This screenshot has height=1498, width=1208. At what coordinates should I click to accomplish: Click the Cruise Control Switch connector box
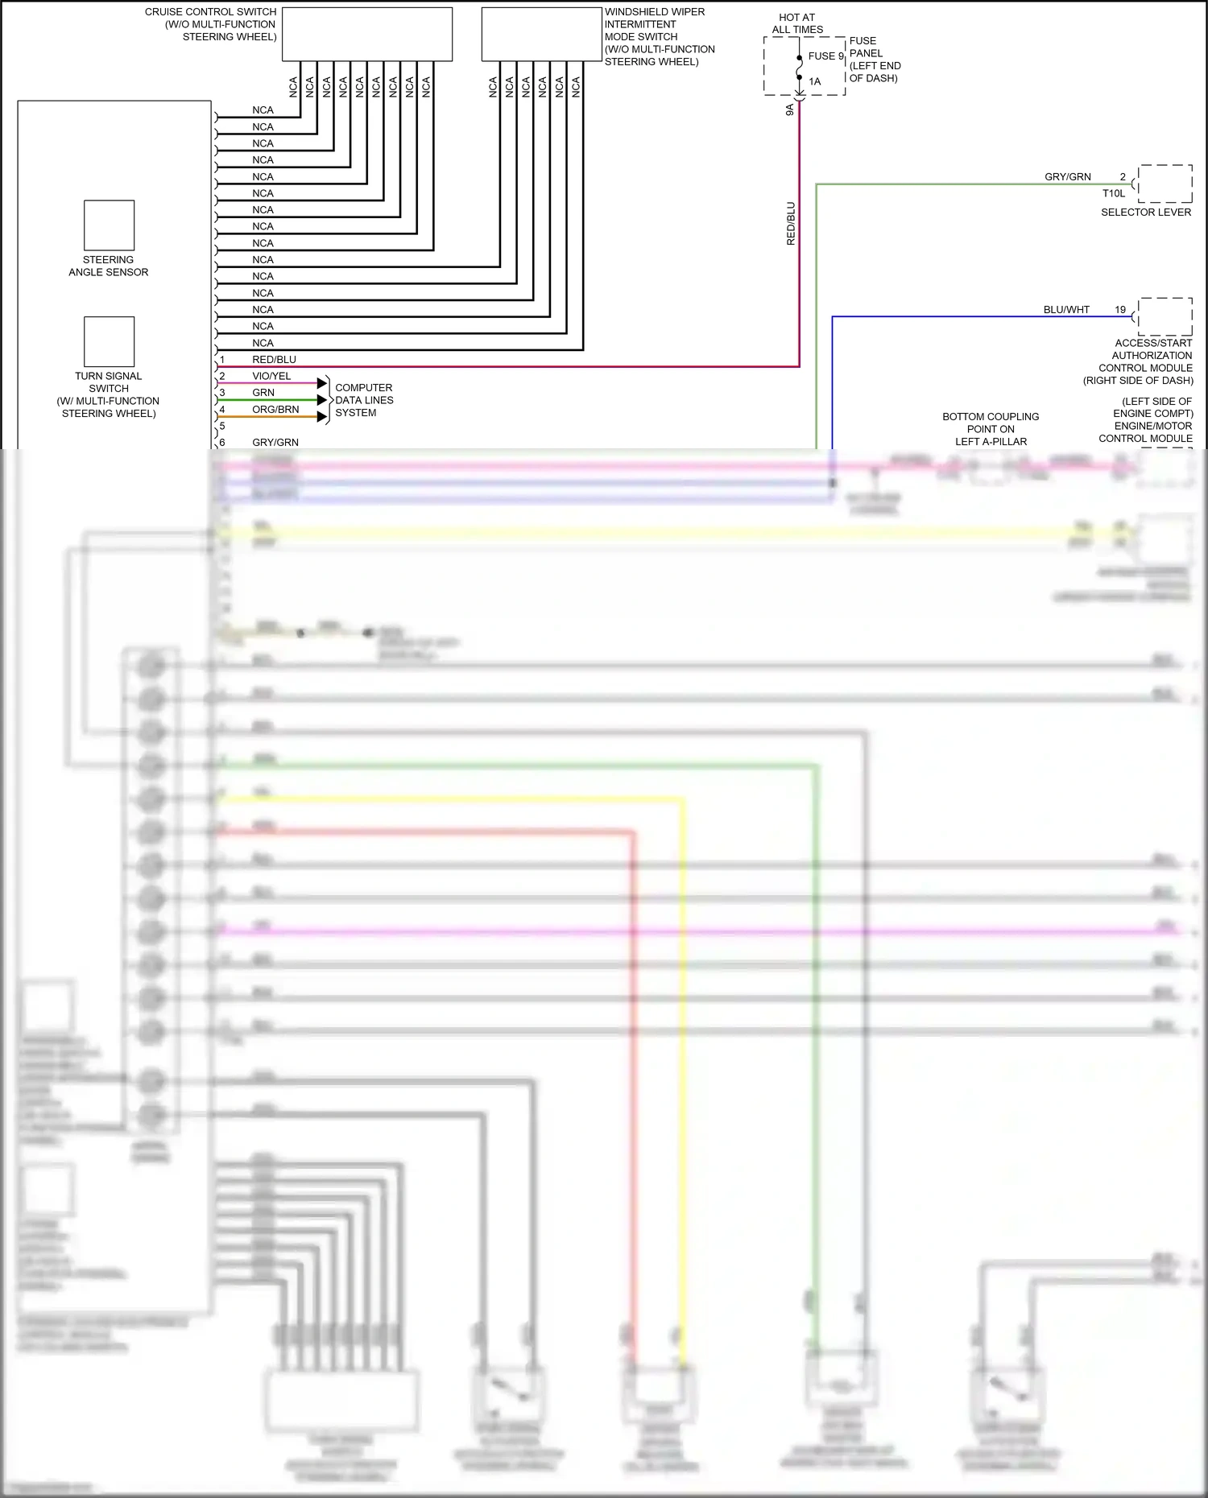[x=367, y=34]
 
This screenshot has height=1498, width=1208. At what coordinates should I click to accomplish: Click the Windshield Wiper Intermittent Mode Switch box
[x=541, y=34]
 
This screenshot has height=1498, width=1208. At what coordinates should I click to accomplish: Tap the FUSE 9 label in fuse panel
[x=825, y=56]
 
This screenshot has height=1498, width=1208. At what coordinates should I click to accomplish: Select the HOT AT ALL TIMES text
[x=797, y=23]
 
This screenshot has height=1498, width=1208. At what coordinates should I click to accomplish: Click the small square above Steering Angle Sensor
[x=109, y=225]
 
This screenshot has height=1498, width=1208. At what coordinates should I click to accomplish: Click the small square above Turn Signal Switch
[x=109, y=341]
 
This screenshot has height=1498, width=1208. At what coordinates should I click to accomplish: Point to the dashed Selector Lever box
[x=1165, y=184]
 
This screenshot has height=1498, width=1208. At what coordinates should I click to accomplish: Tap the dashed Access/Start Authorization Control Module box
[x=1165, y=316]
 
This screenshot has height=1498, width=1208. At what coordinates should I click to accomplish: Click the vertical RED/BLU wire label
[x=791, y=224]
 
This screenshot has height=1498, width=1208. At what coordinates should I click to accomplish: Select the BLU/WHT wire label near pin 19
[x=1066, y=310]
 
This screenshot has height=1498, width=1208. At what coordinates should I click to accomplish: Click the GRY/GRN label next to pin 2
[x=1068, y=177]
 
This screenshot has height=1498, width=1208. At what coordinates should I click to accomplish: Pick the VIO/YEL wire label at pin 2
[x=271, y=376]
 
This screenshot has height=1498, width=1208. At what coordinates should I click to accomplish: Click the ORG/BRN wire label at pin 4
[x=275, y=410]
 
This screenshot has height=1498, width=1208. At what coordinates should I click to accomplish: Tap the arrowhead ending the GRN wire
[x=322, y=400]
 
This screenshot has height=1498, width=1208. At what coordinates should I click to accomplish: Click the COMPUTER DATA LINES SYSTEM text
[x=364, y=400]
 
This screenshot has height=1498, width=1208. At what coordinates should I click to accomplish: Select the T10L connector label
[x=1114, y=194]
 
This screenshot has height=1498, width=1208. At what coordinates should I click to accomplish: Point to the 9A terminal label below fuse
[x=790, y=109]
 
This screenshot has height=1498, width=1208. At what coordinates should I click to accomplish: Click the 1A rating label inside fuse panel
[x=815, y=81]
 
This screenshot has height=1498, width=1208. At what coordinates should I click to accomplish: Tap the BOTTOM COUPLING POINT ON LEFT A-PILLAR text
[x=991, y=429]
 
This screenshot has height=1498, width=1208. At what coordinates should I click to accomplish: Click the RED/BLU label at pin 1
[x=274, y=360]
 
